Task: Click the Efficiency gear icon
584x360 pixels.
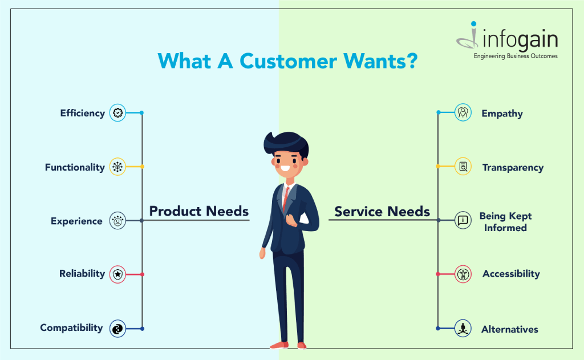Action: click(x=117, y=112)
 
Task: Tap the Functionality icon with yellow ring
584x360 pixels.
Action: click(x=117, y=167)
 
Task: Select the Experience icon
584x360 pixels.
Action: click(x=117, y=221)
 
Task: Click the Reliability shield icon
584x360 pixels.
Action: click(x=117, y=274)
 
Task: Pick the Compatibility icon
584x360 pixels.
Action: click(x=117, y=329)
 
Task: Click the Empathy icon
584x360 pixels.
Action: click(x=463, y=112)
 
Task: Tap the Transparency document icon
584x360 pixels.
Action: click(x=463, y=166)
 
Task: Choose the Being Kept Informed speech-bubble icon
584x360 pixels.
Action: click(x=463, y=220)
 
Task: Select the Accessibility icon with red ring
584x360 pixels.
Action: click(x=463, y=274)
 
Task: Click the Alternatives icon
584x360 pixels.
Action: click(x=463, y=328)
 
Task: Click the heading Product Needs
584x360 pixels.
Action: click(x=199, y=211)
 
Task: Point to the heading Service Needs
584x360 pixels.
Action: click(x=382, y=212)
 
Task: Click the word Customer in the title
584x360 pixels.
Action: click(x=288, y=61)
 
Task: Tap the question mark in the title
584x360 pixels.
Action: click(x=412, y=60)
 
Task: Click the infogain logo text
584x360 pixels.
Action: click(x=520, y=40)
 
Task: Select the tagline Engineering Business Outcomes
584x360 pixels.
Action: click(x=516, y=56)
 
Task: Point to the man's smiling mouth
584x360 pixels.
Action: click(x=286, y=168)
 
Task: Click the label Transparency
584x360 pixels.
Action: click(x=513, y=168)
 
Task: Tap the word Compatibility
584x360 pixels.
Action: click(x=71, y=328)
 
